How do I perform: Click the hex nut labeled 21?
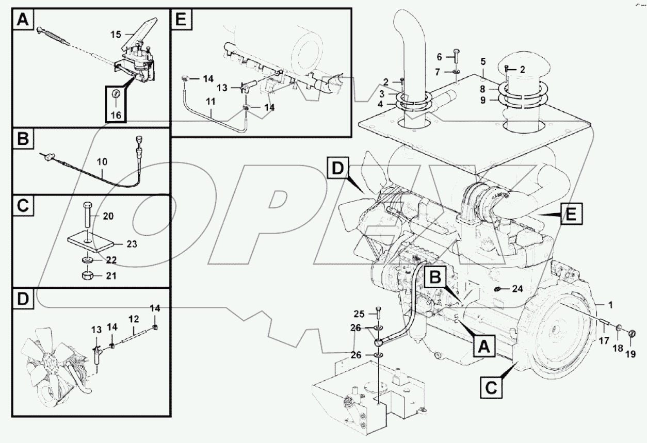(86, 275)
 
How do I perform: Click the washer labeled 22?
(87, 259)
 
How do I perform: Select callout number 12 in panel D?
(134, 320)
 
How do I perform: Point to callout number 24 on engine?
(517, 289)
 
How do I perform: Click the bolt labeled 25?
(378, 313)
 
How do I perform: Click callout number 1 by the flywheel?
(610, 305)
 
